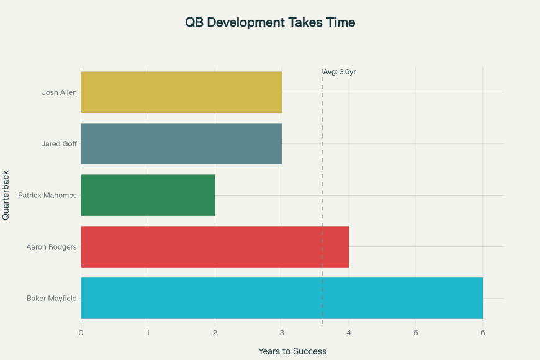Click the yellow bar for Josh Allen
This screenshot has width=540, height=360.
(x=181, y=92)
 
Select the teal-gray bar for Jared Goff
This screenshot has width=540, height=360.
(x=181, y=144)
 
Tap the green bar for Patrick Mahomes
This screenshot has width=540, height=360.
(x=148, y=196)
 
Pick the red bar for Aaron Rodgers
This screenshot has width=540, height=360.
(x=215, y=247)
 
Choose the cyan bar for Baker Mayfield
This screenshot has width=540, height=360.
(x=282, y=299)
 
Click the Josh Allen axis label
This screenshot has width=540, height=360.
(x=59, y=92)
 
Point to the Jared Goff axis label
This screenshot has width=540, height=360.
(x=59, y=144)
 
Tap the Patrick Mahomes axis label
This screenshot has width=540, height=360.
(x=47, y=196)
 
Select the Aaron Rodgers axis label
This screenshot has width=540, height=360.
(x=52, y=247)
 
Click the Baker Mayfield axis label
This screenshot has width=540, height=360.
(x=52, y=299)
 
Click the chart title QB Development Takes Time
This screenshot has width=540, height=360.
(x=270, y=22)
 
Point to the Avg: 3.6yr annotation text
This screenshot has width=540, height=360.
(x=340, y=72)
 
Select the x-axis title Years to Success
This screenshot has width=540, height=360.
(x=292, y=351)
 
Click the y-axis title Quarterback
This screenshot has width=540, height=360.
(x=6, y=195)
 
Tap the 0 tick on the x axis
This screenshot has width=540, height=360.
(x=81, y=333)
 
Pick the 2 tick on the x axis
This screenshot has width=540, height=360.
(x=215, y=333)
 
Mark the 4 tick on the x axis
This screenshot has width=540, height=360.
(x=349, y=333)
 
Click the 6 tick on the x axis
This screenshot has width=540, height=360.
(x=483, y=333)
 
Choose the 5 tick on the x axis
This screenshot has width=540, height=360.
(x=416, y=333)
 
